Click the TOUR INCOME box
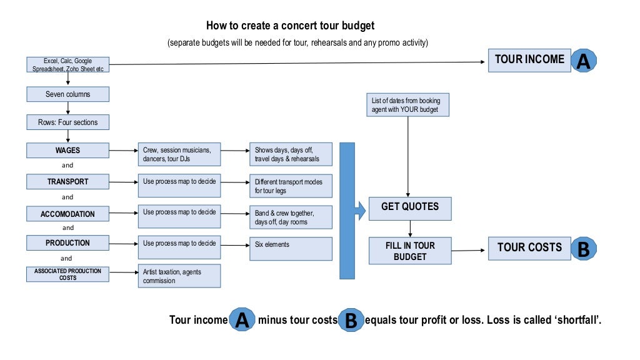pos(529,60)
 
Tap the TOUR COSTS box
pos(529,247)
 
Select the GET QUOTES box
pos(410,207)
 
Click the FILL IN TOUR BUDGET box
pos(410,251)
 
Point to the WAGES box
pos(67,151)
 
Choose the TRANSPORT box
pos(67,182)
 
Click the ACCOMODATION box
pos(67,214)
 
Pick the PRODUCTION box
pos(67,243)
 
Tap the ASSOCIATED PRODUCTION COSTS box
pos(67,274)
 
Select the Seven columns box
pos(67,94)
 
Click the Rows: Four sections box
pos(67,122)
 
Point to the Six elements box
pos(291,249)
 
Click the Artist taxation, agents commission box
pos(179,276)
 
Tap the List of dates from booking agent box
pos(407,104)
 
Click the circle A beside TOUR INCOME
pos(582,61)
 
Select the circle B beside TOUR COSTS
pos(582,249)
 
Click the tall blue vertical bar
pos(347,210)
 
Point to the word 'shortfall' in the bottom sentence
pos(579,320)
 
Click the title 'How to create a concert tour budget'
pos(290,26)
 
